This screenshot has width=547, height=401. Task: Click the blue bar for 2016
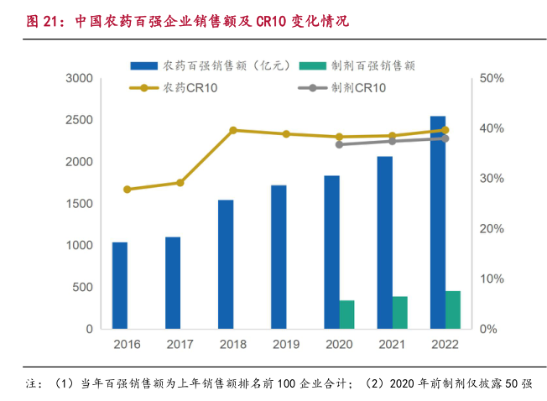[x=120, y=285]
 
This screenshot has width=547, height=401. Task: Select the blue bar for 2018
[x=226, y=264]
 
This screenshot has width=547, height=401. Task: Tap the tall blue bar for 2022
[x=438, y=222]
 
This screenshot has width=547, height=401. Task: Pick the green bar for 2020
[x=346, y=315]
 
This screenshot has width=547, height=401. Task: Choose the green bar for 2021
[x=399, y=312]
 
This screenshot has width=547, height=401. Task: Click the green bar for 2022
[x=453, y=310]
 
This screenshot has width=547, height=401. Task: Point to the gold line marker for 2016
[x=128, y=190]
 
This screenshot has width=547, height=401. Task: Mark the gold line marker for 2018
[x=233, y=130]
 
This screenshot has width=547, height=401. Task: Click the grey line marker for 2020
[x=339, y=144]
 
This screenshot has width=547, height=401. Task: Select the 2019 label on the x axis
[x=286, y=344]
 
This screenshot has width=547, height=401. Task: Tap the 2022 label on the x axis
[x=445, y=344]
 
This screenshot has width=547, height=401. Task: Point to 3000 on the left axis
[x=80, y=78]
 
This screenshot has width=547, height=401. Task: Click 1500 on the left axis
[x=80, y=204]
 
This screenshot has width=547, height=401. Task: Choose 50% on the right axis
[x=492, y=78]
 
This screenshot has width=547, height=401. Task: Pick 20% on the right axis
[x=492, y=229]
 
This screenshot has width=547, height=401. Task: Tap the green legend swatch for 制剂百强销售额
[x=315, y=66]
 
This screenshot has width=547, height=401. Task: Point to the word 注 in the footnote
[x=33, y=383]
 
